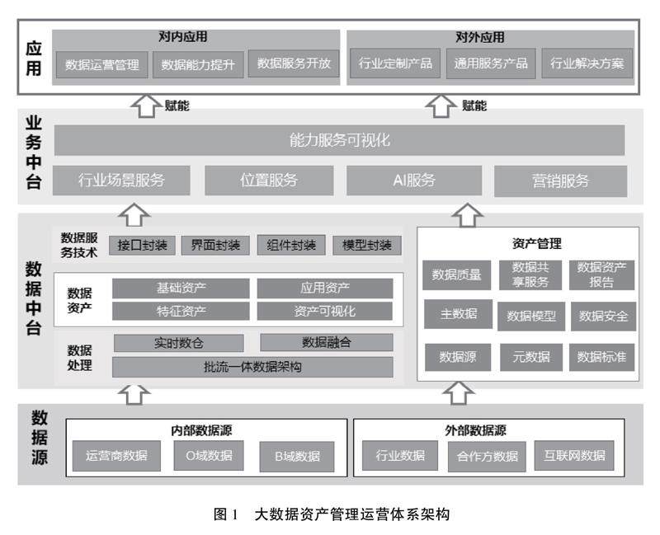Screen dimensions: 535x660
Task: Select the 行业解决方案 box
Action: click(x=587, y=64)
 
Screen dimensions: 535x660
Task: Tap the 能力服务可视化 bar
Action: click(x=339, y=140)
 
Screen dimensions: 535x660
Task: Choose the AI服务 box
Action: click(x=413, y=181)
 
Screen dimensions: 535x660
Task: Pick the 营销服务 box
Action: click(x=560, y=181)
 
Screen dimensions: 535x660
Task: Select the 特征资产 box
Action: click(x=181, y=311)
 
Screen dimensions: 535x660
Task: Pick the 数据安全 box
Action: click(x=602, y=316)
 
